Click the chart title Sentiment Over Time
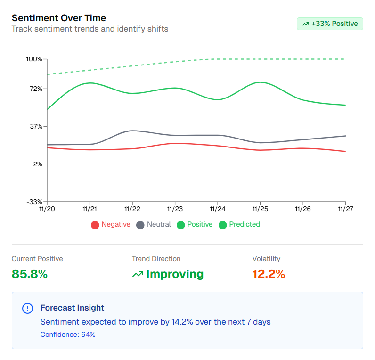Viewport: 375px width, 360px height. [59, 18]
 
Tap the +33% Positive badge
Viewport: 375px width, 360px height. [330, 24]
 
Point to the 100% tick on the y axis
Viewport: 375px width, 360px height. [34, 59]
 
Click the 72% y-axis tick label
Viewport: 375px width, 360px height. [36, 89]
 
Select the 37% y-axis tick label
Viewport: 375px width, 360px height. [36, 126]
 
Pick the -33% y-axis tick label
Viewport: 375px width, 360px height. [34, 202]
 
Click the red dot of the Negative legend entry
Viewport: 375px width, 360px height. [95, 225]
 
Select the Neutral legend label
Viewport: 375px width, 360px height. [159, 224]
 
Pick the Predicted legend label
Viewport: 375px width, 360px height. [245, 224]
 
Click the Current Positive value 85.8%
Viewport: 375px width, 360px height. [30, 274]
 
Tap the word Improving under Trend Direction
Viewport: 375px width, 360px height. [175, 274]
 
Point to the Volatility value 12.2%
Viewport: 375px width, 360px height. [269, 274]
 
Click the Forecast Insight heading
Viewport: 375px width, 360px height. [73, 308]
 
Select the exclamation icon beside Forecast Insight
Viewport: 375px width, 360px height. [28, 308]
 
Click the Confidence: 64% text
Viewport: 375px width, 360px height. [68, 335]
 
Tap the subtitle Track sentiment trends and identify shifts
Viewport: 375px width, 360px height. [90, 29]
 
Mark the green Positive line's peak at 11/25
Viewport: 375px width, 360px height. [260, 82]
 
